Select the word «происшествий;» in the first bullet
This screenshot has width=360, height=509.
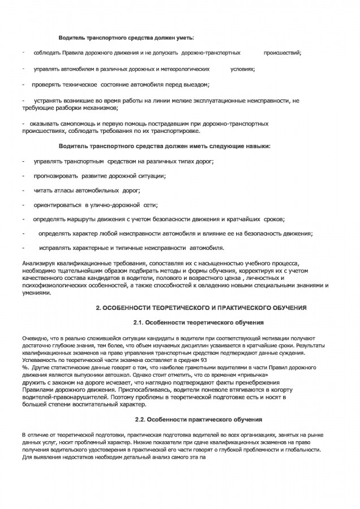pos(282,53)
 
